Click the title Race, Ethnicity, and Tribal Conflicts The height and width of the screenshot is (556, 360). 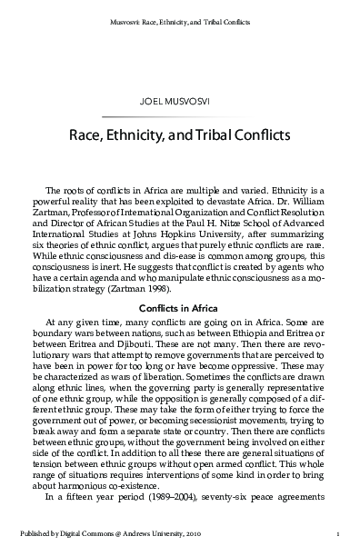tap(179, 137)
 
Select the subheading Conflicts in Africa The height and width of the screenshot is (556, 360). tap(179, 282)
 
